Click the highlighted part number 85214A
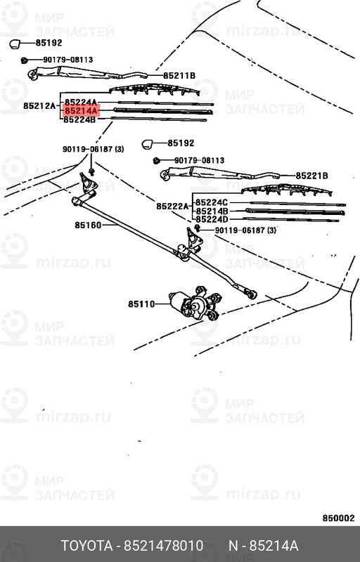click(x=81, y=111)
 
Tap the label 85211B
click(x=179, y=76)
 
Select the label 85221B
click(x=312, y=176)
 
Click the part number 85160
click(x=88, y=225)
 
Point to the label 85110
click(x=141, y=304)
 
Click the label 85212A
click(x=39, y=106)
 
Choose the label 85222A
click(x=172, y=206)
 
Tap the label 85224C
click(x=212, y=202)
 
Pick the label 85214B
click(x=212, y=211)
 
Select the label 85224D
click(x=212, y=219)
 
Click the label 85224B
click(x=80, y=119)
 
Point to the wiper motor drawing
click(x=195, y=303)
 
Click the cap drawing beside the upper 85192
click(x=14, y=44)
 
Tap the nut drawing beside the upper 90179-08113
click(x=25, y=60)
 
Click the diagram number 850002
click(x=338, y=518)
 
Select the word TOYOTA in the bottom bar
click(x=86, y=546)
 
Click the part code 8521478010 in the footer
click(x=164, y=546)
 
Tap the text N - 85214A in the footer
click(x=264, y=546)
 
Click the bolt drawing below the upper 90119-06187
click(x=91, y=171)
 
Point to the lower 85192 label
click(x=181, y=143)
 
